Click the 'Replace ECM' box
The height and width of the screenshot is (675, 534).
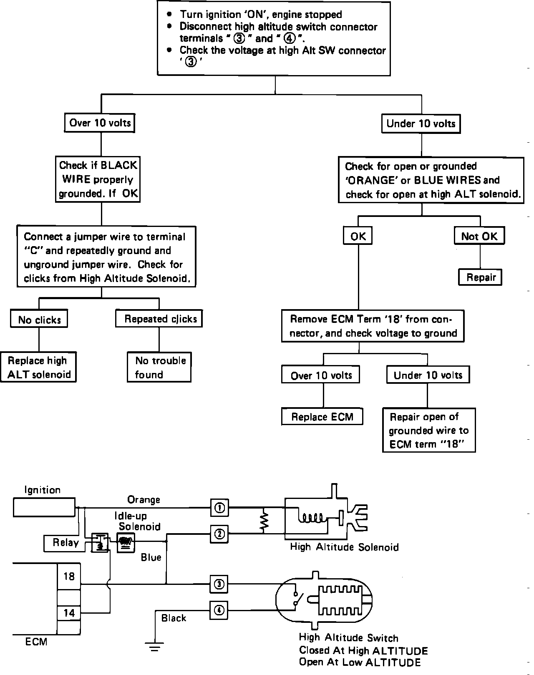[x=322, y=417]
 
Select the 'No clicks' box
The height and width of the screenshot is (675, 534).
[x=39, y=320]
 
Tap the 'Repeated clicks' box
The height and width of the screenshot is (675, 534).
[x=159, y=319]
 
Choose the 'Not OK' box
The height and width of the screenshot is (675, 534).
[x=479, y=236]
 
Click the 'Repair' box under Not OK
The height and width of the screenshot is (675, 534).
[x=480, y=277]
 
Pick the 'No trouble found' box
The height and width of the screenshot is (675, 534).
[x=159, y=367]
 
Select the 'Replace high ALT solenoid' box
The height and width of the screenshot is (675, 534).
[x=38, y=367]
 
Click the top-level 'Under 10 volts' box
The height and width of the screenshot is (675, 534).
[x=421, y=123]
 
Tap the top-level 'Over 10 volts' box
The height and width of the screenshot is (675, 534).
[x=101, y=123]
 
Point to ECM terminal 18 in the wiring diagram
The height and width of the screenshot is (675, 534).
[x=69, y=577]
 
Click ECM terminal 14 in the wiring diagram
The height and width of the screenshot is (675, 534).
[x=69, y=612]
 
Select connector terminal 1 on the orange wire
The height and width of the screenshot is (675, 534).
[x=219, y=508]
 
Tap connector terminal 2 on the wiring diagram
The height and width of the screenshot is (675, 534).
[x=219, y=534]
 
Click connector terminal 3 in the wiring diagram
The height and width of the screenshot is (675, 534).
[x=219, y=584]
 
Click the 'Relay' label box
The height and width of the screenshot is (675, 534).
[x=65, y=543]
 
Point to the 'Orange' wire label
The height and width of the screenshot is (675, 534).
[x=144, y=499]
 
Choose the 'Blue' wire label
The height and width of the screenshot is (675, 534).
[x=151, y=557]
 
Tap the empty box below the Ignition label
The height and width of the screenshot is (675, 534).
[x=44, y=507]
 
